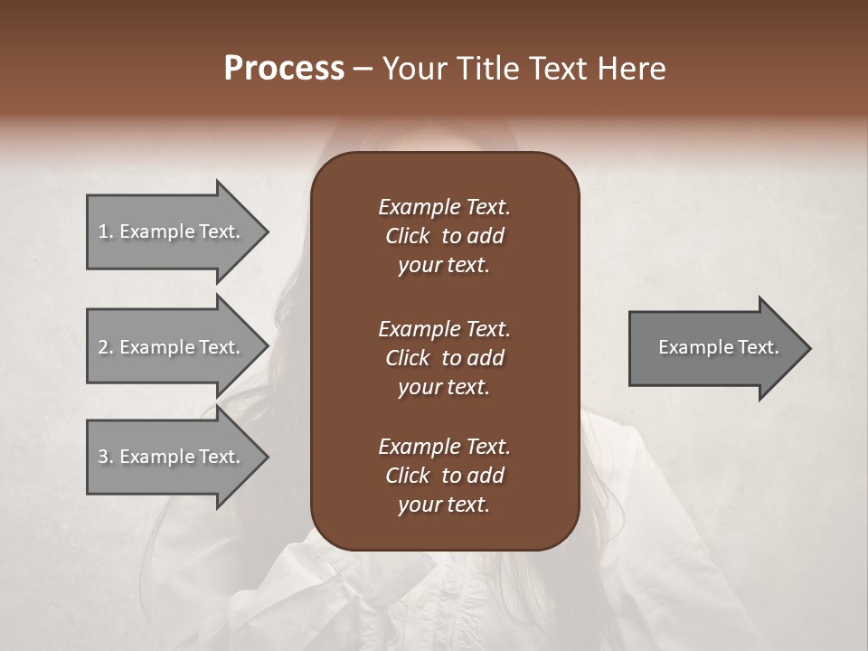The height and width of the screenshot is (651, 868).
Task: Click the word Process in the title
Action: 284,69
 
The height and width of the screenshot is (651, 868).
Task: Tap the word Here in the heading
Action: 630,69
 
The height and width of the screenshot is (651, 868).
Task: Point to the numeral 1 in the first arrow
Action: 103,231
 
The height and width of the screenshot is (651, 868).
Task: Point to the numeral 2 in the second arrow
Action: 103,347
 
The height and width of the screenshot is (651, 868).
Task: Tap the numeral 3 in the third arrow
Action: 103,457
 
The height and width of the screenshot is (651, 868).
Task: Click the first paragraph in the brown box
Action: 444,236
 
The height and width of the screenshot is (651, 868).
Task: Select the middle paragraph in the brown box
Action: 444,358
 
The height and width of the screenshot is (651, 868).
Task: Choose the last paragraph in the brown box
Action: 444,476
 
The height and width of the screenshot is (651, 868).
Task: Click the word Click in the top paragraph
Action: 408,236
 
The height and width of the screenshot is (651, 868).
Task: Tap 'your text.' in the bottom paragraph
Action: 444,505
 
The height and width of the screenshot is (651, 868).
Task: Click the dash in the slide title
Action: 363,69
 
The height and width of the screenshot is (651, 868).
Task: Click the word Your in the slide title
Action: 415,69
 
